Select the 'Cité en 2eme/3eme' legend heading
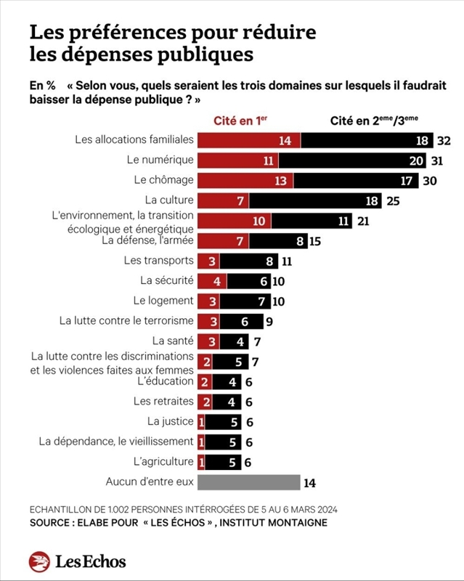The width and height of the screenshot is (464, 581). click(373, 121)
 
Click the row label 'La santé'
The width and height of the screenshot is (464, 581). click(173, 341)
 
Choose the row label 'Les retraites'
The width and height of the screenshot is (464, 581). click(163, 401)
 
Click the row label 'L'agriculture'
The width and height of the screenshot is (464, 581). click(164, 461)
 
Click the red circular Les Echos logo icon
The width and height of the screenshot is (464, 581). click(39, 561)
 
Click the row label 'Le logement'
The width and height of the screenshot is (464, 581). click(163, 301)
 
